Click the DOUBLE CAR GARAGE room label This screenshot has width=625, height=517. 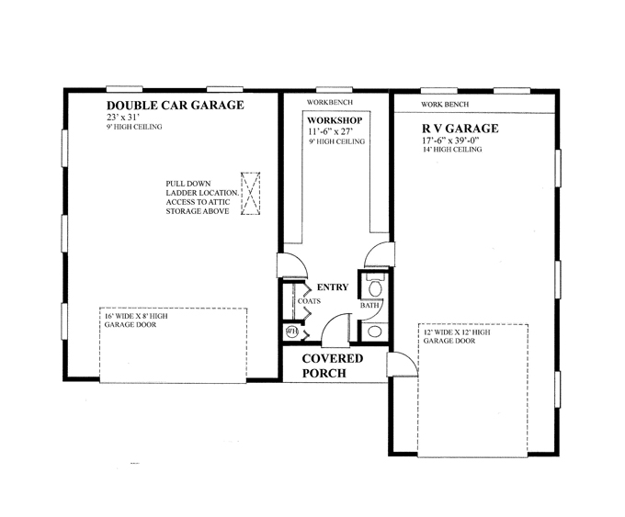(x=175, y=106)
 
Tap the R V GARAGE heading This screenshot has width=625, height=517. (x=460, y=129)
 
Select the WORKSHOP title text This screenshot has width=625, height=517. (x=335, y=120)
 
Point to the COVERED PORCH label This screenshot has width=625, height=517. (x=333, y=365)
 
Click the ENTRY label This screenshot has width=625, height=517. (x=333, y=287)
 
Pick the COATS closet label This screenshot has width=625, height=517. (x=309, y=301)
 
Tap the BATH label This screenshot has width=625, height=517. (x=369, y=306)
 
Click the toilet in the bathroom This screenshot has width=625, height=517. (x=375, y=285)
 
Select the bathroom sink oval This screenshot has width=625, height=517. (x=375, y=331)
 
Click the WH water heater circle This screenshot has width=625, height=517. (x=291, y=332)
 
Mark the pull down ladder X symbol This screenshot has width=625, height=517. (x=250, y=194)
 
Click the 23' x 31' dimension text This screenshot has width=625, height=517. (x=123, y=118)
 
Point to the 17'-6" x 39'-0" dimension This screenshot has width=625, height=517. (x=450, y=140)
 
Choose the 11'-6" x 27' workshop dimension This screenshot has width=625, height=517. (x=330, y=131)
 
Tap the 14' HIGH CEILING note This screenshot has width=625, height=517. (x=452, y=150)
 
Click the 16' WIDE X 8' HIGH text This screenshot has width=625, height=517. (x=136, y=316)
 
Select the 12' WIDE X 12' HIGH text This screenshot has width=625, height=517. (x=457, y=332)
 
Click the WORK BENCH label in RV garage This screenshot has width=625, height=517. (x=445, y=105)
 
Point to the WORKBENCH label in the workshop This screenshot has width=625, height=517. (x=330, y=102)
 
